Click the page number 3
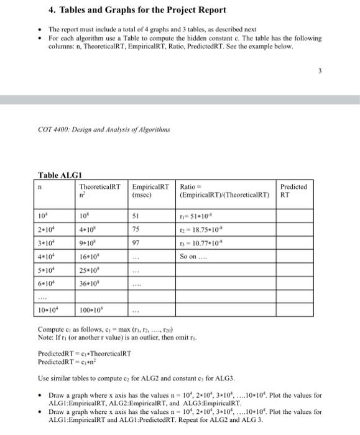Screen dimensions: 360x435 pyautogui.click(x=320, y=71)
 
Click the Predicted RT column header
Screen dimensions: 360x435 pyautogui.click(x=293, y=190)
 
